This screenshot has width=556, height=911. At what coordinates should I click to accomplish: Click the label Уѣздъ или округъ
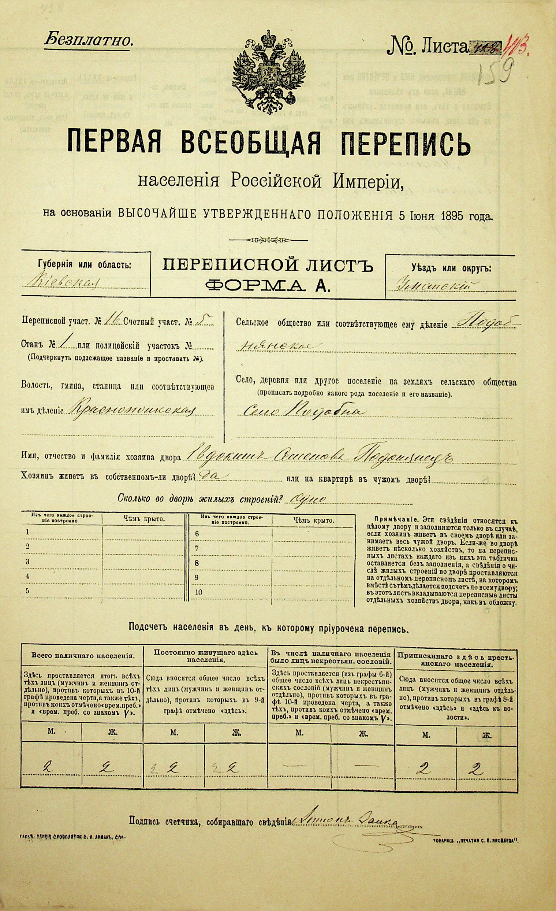tap(451, 269)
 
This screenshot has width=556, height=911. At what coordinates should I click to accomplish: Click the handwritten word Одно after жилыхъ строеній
tap(308, 499)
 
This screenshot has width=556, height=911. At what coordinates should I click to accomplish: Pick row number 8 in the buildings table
tap(197, 563)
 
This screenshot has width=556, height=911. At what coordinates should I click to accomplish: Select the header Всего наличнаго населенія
tap(82, 656)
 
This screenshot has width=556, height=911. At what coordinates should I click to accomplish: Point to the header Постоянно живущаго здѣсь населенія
tap(205, 656)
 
